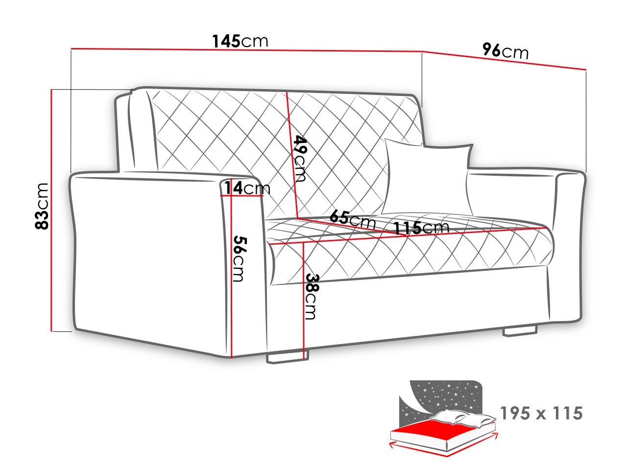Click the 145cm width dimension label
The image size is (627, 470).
click(240, 42)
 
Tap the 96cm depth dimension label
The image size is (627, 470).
click(506, 51)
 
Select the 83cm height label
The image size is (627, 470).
click(42, 206)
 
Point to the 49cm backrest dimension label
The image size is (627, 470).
click(300, 159)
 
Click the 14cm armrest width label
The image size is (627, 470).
click(247, 188)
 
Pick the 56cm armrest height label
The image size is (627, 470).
click(240, 259)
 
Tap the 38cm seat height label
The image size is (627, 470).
click(311, 297)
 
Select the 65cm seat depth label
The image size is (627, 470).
click(352, 219)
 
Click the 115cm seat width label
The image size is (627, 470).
click(421, 228)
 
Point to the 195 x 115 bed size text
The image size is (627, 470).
click(541, 413)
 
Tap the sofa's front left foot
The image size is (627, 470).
click(287, 357)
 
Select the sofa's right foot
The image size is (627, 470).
click(520, 331)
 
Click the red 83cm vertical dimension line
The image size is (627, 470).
click(51, 211)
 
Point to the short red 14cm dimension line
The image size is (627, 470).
click(242, 196)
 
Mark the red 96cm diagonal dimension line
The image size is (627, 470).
click(504, 61)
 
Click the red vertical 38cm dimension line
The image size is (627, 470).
click(304, 301)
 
